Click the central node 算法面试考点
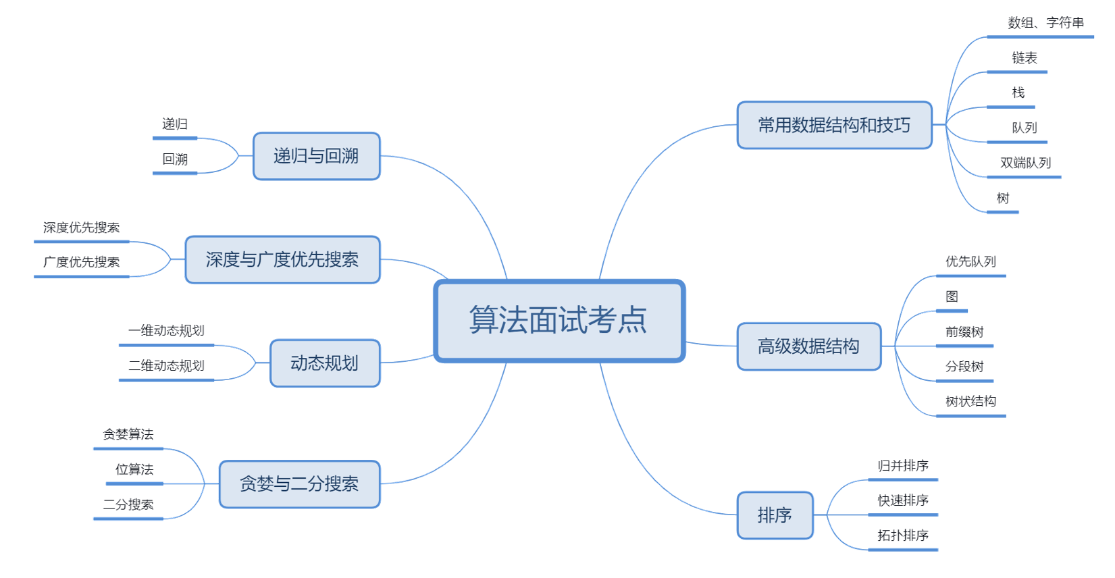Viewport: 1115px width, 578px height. pos(559,320)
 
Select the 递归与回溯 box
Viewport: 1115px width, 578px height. pos(316,156)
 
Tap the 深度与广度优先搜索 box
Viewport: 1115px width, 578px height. pos(282,259)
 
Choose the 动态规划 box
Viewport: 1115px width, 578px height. pos(325,363)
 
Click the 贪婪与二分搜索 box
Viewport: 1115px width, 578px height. pos(299,484)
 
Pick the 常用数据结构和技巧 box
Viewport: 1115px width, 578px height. pos(834,125)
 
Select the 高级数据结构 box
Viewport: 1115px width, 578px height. pos(808,346)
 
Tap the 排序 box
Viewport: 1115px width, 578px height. pos(774,515)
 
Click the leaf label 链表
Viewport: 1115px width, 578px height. pos(1024,58)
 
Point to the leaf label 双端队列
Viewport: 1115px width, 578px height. pos(1025,163)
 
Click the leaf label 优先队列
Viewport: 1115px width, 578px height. pos(970,261)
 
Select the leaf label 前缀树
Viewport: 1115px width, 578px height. pos(964,332)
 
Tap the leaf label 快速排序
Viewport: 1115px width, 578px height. pos(903,500)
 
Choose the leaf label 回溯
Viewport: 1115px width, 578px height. pos(175,159)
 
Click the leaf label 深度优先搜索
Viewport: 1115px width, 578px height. pos(82,228)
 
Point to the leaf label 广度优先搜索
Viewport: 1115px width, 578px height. pos(82,262)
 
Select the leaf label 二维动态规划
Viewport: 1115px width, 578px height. pos(167,365)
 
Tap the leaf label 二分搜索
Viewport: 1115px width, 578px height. pos(128,504)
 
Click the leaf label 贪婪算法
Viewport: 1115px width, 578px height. pos(128,434)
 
